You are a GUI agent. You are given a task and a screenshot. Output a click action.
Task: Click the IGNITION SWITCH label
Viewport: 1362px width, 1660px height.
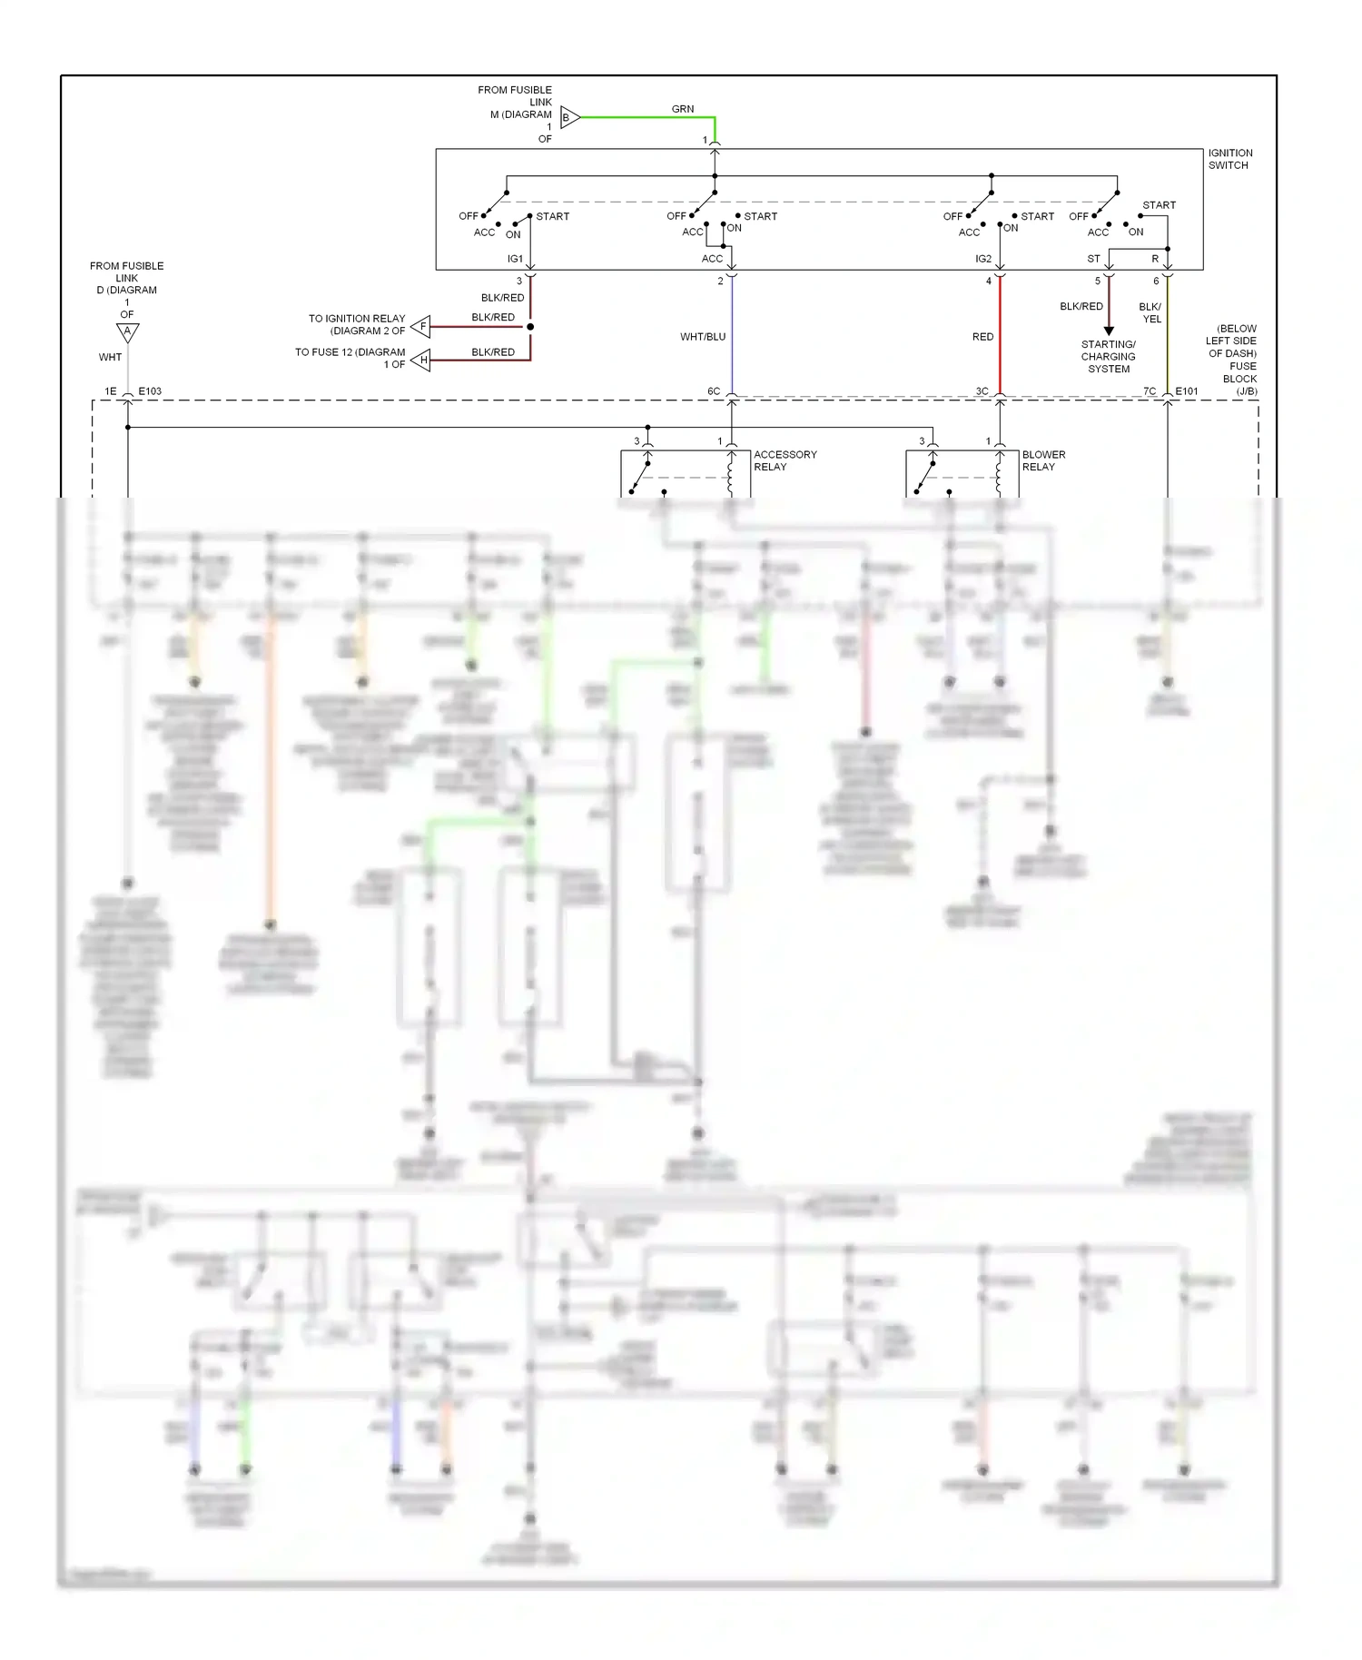point(1229,159)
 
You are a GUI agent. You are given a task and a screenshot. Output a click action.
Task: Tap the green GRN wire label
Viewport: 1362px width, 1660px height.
point(682,109)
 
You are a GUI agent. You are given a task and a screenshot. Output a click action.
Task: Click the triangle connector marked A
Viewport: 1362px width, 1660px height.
point(128,331)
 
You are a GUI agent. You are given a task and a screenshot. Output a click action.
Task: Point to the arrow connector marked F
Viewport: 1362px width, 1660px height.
point(421,326)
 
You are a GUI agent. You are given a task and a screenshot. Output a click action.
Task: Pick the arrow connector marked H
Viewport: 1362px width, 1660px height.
point(421,361)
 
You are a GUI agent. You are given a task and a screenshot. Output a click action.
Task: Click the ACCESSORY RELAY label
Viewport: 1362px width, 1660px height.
point(785,460)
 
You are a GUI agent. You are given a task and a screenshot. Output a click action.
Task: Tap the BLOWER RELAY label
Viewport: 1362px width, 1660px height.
point(1043,460)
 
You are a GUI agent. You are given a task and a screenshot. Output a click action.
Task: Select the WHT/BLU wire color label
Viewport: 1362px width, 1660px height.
point(703,337)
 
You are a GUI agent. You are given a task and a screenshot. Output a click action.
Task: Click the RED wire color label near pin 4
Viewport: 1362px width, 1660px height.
point(982,337)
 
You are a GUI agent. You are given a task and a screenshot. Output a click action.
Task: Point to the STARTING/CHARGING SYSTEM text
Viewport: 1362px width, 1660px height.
point(1108,357)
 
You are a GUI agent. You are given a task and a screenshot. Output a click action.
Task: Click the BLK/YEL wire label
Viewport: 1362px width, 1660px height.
point(1150,312)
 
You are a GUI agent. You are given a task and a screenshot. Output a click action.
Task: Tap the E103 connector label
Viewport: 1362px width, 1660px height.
point(150,391)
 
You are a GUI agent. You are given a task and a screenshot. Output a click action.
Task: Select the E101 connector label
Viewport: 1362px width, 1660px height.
point(1186,391)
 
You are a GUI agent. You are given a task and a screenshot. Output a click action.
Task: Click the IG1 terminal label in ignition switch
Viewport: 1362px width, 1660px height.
point(515,259)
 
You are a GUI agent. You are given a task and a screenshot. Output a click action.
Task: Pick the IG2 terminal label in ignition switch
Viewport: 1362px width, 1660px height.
point(983,259)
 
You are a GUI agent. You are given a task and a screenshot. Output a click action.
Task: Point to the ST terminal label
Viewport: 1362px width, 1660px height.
point(1093,259)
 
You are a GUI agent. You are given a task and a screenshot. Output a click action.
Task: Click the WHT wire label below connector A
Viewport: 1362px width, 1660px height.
point(110,358)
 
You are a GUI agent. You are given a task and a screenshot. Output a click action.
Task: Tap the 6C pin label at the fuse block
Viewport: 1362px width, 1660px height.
point(714,391)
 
